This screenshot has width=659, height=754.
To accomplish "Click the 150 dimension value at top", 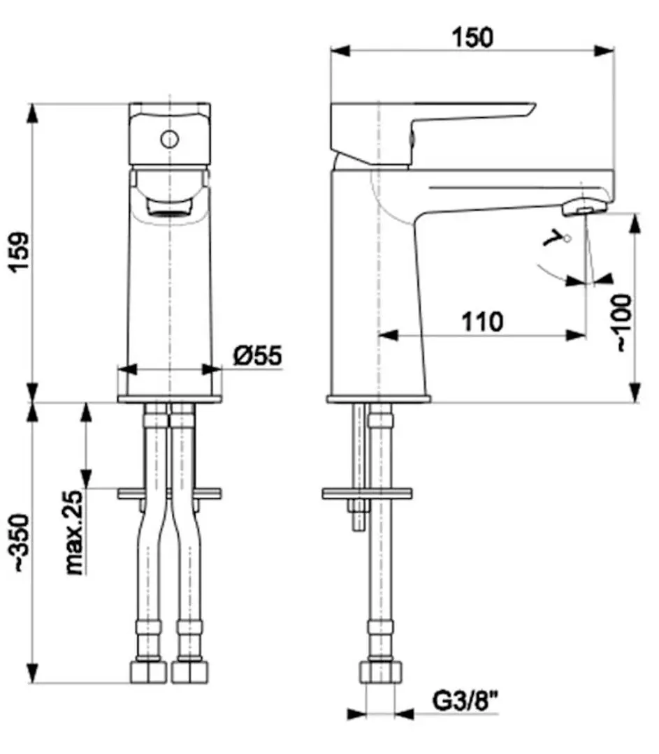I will (472, 36).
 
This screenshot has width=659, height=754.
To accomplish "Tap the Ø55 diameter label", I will (257, 356).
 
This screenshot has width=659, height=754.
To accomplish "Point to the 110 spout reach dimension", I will (482, 323).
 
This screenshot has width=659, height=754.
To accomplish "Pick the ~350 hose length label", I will (22, 544).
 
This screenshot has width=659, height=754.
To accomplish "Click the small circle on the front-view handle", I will (169, 139).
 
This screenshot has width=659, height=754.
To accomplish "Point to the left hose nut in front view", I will (149, 672).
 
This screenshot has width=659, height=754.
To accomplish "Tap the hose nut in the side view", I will (381, 672).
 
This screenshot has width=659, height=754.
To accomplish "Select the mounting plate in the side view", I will (367, 494).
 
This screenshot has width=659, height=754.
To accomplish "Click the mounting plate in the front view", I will (169, 494).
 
